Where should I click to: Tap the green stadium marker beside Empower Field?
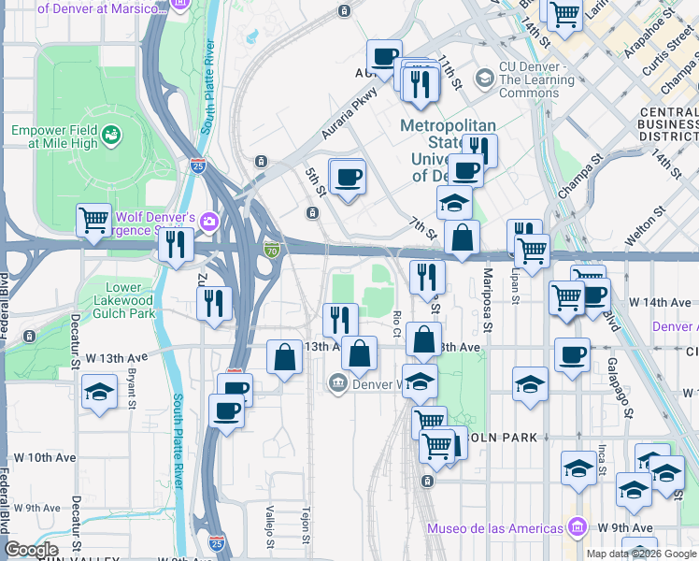pyautogui.click(x=111, y=136)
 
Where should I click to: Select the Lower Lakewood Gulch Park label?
pyautogui.click(x=117, y=300)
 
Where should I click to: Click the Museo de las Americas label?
pyautogui.click(x=495, y=528)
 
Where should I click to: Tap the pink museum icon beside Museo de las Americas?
pyautogui.click(x=578, y=528)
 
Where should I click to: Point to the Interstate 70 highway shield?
pyautogui.click(x=271, y=250)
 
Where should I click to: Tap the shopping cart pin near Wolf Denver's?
pyautogui.click(x=93, y=221)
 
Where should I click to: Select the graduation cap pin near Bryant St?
pyautogui.click(x=97, y=393)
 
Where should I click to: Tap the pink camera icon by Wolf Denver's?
pyautogui.click(x=209, y=221)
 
